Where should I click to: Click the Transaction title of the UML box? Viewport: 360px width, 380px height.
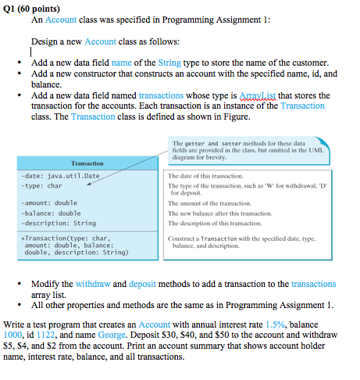(x=87, y=163)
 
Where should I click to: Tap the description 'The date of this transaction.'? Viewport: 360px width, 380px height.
(x=213, y=176)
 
